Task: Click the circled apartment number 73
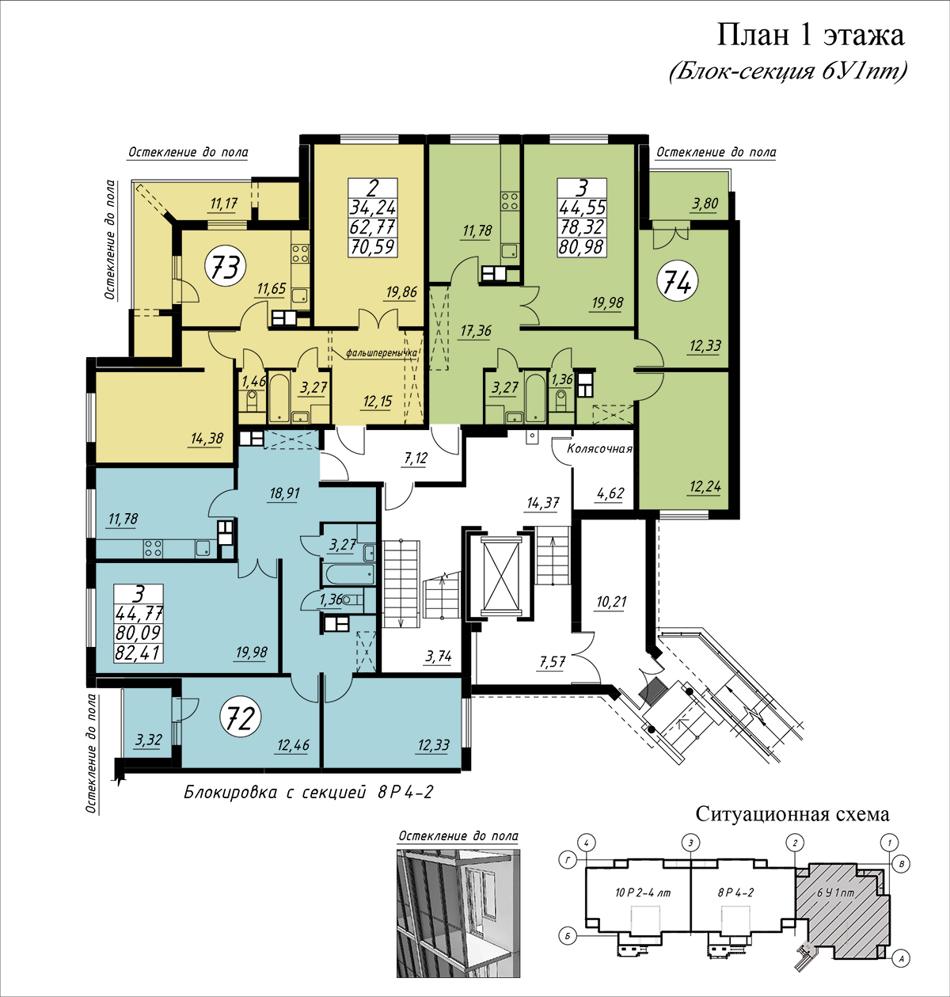tap(225, 267)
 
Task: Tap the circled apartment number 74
tap(677, 283)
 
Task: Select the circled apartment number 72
tap(241, 718)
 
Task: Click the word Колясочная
tap(600, 449)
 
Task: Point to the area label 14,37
tap(543, 503)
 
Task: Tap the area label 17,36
tap(475, 331)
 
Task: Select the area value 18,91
tap(284, 493)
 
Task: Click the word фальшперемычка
tap(382, 352)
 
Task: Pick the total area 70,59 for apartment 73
tap(373, 246)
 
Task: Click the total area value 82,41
tap(139, 653)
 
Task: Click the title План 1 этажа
tap(811, 36)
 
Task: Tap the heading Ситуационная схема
tap(792, 814)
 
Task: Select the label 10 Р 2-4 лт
tap(643, 892)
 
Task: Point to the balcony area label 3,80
tap(705, 204)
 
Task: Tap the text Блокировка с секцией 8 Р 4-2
tap(309, 791)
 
